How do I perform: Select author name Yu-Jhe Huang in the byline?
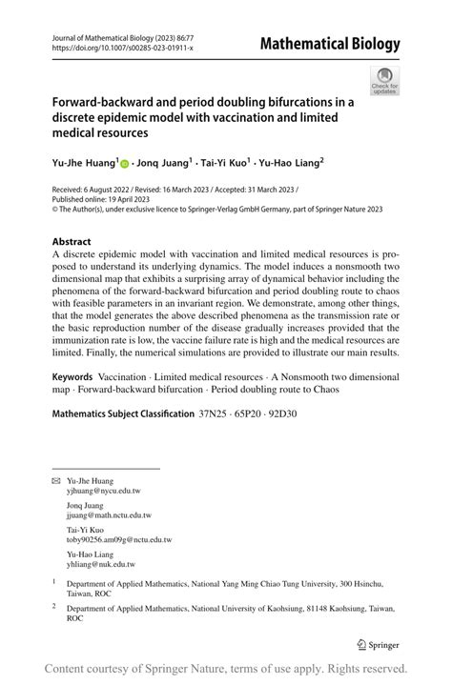(83, 163)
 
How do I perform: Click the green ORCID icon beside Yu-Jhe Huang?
(126, 163)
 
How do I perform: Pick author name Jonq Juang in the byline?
(163, 163)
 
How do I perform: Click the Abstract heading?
(72, 242)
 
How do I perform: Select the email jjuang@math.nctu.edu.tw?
(109, 515)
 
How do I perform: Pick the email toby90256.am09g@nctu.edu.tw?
(119, 539)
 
